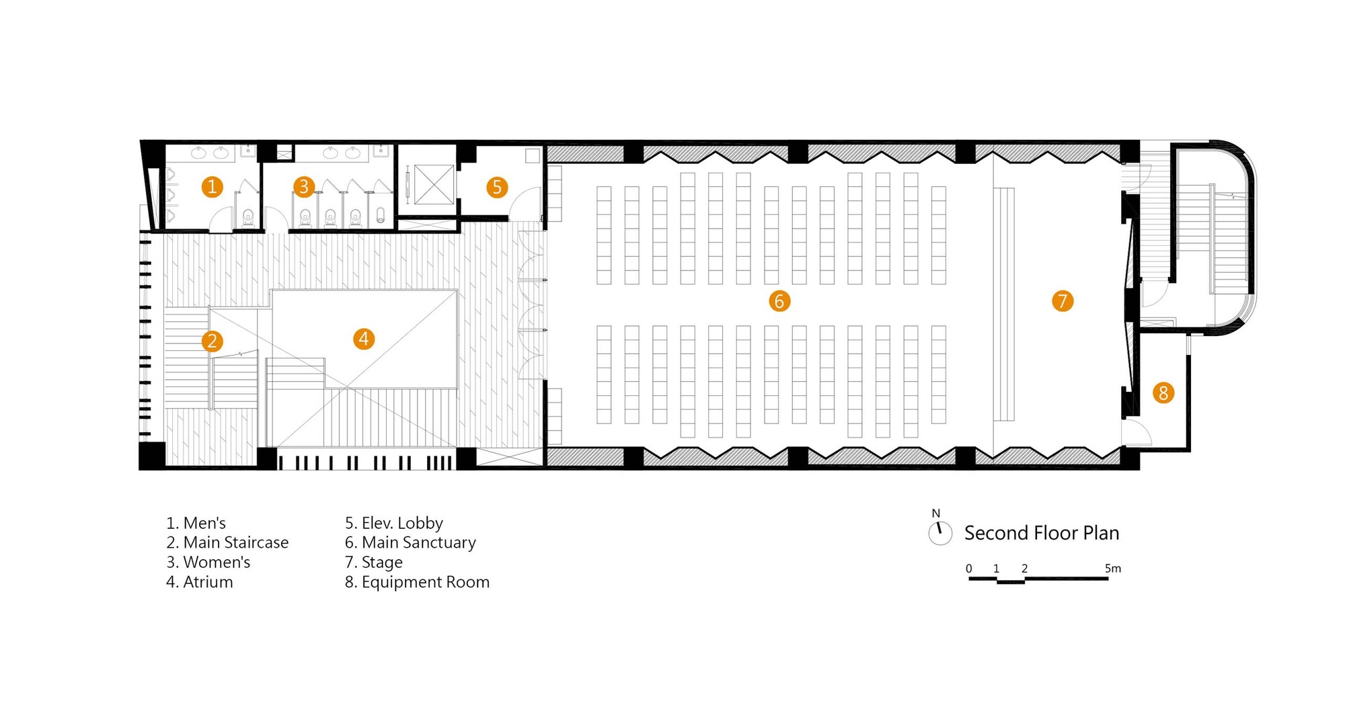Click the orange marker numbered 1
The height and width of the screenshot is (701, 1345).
(x=212, y=186)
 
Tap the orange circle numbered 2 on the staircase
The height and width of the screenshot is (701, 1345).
(x=212, y=341)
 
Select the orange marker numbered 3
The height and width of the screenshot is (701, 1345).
(x=304, y=186)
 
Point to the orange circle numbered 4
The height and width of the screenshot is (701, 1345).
(x=364, y=339)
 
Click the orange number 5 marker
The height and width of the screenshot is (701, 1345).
(x=497, y=187)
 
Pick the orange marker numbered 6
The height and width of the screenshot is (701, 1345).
(x=779, y=301)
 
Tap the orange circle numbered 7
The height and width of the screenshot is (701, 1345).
(x=1063, y=301)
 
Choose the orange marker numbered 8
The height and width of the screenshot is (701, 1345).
(x=1163, y=393)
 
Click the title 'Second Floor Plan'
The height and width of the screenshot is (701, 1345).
(x=1042, y=533)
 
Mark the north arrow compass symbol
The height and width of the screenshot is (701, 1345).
(x=939, y=532)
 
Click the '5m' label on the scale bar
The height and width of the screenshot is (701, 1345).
(x=1113, y=569)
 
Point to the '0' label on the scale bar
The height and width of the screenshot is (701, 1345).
(x=969, y=569)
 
